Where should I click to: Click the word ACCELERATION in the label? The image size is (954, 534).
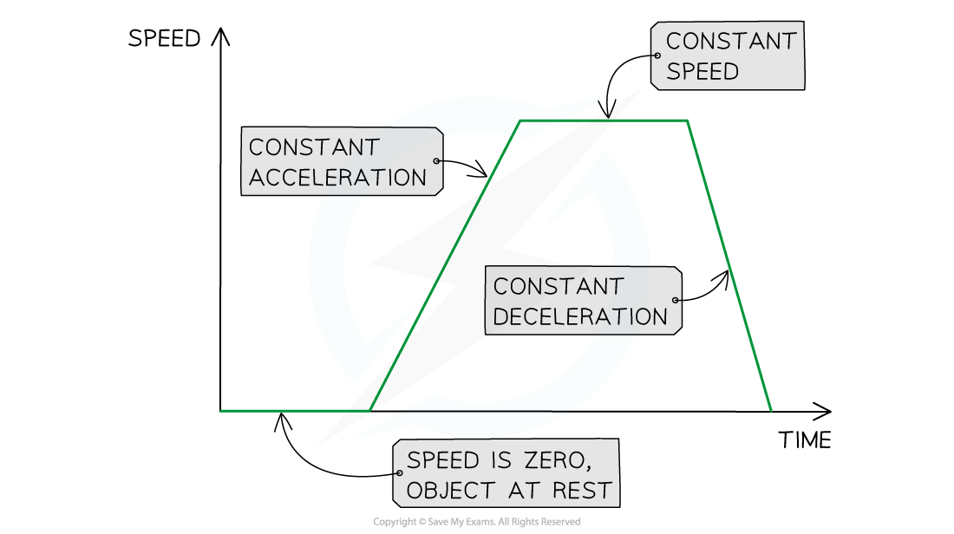[337, 178]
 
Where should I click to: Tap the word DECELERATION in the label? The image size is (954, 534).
[580, 316]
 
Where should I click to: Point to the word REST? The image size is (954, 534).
[582, 491]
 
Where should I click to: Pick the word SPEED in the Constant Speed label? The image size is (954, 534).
[702, 71]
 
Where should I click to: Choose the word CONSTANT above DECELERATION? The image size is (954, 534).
[558, 286]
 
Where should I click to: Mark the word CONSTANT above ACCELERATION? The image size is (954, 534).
[314, 147]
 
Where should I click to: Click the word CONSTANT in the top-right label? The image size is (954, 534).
[730, 41]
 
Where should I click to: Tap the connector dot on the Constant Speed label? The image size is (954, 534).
[657, 55]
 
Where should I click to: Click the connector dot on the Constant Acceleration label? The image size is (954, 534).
[436, 161]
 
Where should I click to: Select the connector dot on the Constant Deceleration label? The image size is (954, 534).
[675, 301]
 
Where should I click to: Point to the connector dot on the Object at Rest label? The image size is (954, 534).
[399, 473]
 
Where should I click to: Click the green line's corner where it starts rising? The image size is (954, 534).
[370, 410]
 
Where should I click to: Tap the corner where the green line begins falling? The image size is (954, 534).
[687, 121]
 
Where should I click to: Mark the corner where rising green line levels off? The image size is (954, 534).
[519, 121]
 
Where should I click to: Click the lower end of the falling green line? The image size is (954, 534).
[770, 410]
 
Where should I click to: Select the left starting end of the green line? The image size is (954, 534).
[222, 411]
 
